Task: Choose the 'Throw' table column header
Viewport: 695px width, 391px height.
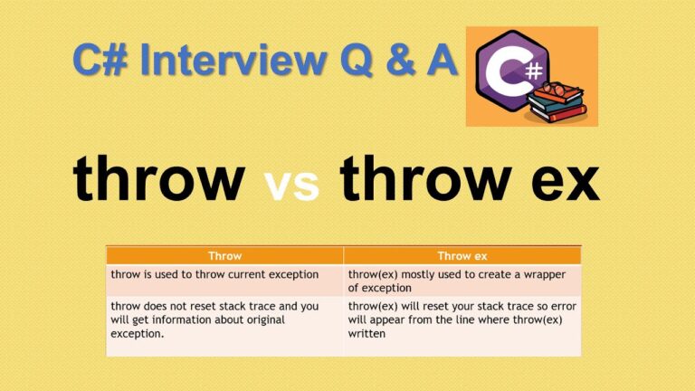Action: click(224, 256)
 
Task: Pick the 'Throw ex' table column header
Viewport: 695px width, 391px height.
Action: click(462, 256)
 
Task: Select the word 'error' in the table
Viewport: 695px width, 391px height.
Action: click(560, 306)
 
